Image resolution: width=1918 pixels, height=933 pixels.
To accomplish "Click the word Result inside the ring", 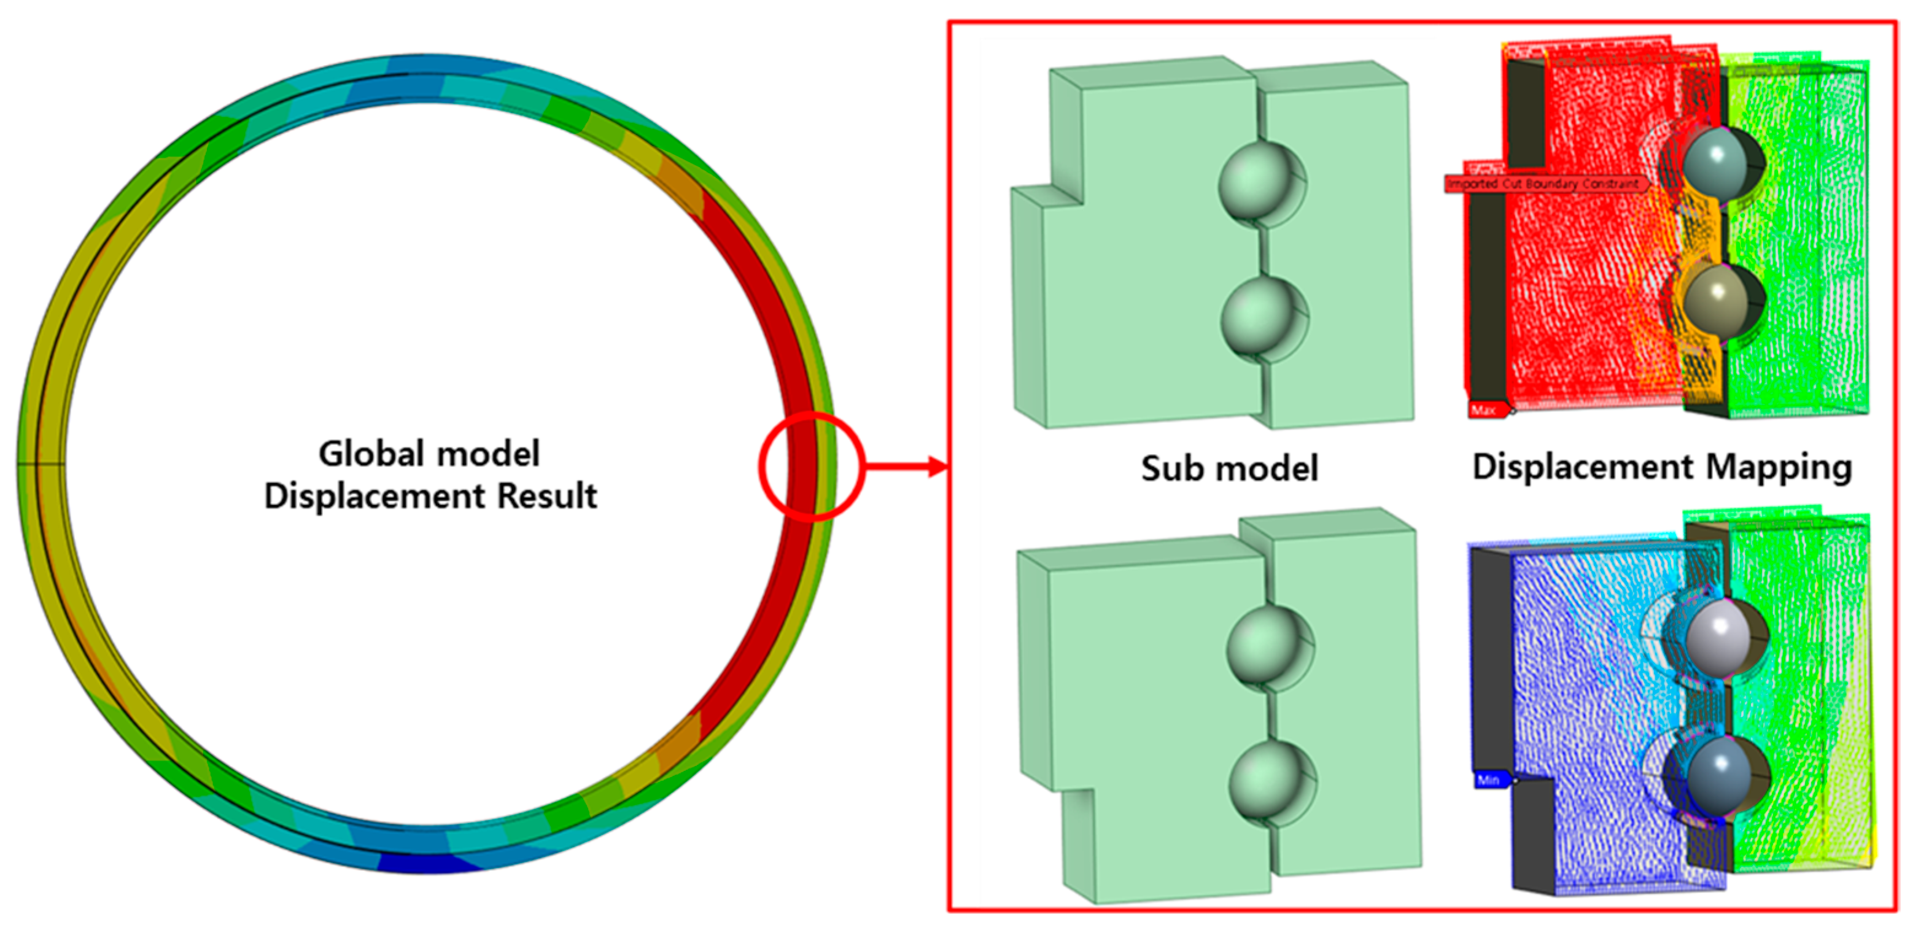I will [547, 496].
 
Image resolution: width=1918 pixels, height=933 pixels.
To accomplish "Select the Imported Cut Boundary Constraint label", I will [1545, 183].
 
